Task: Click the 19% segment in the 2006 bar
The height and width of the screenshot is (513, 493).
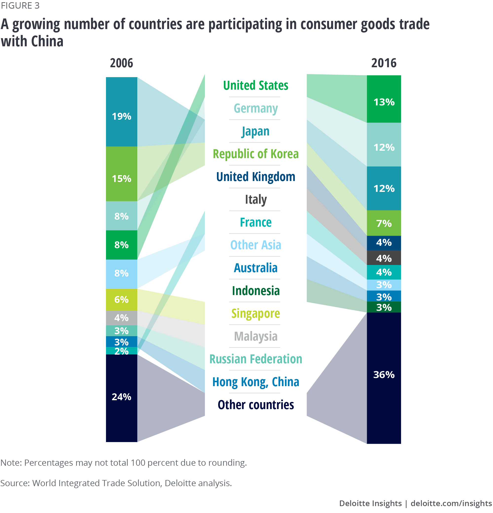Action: (x=121, y=112)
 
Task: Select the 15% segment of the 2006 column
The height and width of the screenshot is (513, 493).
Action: (x=121, y=174)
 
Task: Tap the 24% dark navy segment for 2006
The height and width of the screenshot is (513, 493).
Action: (x=121, y=398)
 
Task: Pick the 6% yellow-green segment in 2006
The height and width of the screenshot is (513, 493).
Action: (x=121, y=299)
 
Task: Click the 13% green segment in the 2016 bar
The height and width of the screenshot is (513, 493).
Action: (x=384, y=99)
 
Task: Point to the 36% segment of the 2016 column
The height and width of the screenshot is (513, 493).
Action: (x=384, y=378)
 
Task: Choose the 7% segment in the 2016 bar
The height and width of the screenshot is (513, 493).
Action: (x=384, y=223)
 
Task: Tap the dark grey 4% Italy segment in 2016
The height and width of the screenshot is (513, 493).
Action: (x=384, y=258)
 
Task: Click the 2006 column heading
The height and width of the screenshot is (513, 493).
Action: (x=121, y=63)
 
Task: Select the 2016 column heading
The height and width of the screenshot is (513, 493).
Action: (x=384, y=63)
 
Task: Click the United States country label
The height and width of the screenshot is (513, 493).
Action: (x=255, y=85)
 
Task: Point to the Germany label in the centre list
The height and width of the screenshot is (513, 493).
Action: (x=255, y=108)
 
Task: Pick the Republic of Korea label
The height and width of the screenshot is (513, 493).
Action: (x=255, y=154)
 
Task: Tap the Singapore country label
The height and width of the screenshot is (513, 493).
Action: (x=255, y=314)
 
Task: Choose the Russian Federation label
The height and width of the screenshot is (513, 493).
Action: (x=255, y=359)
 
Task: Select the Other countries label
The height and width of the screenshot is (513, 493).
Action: (x=255, y=405)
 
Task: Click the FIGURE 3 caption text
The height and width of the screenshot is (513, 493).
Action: (x=20, y=5)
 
